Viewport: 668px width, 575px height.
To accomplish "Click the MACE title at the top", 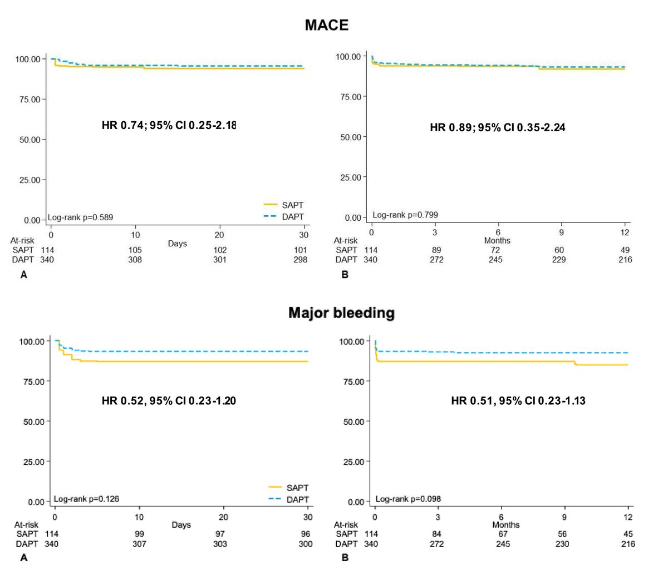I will tap(327, 25).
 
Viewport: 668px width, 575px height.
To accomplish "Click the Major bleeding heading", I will tap(341, 313).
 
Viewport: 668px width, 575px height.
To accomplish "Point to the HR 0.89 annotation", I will tap(498, 127).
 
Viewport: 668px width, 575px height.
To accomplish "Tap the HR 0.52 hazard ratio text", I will tap(169, 400).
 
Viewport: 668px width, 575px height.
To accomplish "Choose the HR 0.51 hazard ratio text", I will tap(518, 400).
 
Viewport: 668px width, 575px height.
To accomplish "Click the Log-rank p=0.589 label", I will tap(80, 217).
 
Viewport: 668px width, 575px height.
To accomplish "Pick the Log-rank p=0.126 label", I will tap(86, 499).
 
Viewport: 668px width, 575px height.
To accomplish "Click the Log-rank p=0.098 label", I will tap(408, 499).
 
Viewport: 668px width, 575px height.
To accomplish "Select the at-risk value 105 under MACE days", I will tap(135, 250).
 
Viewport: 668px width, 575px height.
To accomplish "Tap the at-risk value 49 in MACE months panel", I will tap(625, 250).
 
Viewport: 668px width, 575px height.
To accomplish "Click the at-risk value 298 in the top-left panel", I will tap(300, 259).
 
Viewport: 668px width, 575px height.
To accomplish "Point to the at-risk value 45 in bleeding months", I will tap(628, 534).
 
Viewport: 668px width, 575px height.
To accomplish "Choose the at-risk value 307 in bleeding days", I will tap(139, 543).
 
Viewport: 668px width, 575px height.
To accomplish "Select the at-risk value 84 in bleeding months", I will tap(438, 534).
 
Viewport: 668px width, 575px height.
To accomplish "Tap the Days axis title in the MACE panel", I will tap(178, 244).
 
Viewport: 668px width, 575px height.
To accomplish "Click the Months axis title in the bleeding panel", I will tap(505, 524).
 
